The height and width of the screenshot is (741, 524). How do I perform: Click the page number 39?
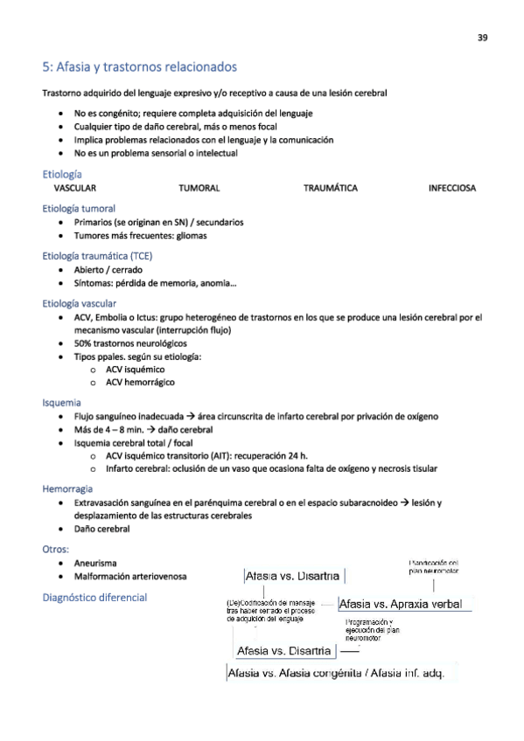[x=482, y=37]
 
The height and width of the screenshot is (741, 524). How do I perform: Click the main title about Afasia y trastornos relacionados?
[x=139, y=67]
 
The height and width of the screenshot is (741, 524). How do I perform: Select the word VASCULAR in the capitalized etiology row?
[x=75, y=188]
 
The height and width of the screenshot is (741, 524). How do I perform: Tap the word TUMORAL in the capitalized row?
[x=199, y=188]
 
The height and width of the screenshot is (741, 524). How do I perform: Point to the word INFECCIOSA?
[x=452, y=188]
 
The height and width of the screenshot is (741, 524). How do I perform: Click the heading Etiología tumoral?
[x=79, y=209]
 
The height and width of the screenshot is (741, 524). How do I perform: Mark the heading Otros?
[x=55, y=549]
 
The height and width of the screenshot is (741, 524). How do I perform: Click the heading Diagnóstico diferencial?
[x=94, y=598]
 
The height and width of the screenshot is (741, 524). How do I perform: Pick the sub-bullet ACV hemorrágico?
[x=141, y=383]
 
